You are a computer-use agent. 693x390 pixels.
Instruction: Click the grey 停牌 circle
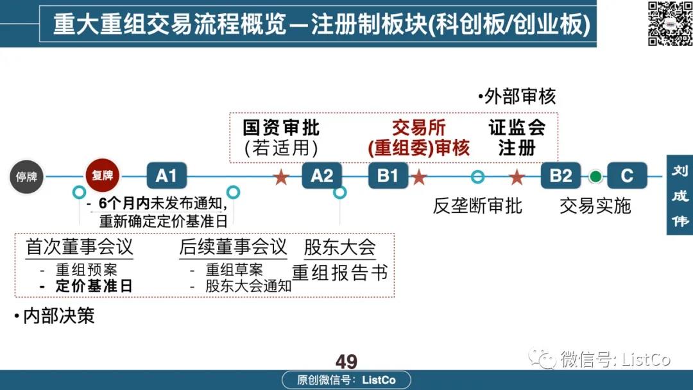pyautogui.click(x=26, y=176)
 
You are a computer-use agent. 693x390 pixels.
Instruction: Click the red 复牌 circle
pyautogui.click(x=102, y=175)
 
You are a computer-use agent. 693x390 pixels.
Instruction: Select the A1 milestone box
pyautogui.click(x=167, y=176)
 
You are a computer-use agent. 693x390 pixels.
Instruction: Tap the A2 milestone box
pyautogui.click(x=321, y=176)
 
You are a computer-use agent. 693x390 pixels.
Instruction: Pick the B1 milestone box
pyautogui.click(x=388, y=176)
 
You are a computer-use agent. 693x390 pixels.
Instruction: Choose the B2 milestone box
pyautogui.click(x=561, y=176)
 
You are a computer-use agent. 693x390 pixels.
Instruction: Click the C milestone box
pyautogui.click(x=627, y=176)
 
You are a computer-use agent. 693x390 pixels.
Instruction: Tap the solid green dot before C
pyautogui.click(x=595, y=176)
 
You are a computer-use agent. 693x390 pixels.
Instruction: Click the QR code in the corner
pyautogui.click(x=670, y=23)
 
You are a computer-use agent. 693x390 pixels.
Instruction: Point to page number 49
pyautogui.click(x=346, y=362)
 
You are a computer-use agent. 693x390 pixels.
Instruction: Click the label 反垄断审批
pyautogui.click(x=477, y=206)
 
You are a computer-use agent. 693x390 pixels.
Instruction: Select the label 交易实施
pyautogui.click(x=595, y=206)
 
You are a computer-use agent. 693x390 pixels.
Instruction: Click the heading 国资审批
pyautogui.click(x=281, y=128)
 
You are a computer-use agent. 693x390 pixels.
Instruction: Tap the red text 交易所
pyautogui.click(x=418, y=128)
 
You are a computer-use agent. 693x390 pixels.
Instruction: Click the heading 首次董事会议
pyautogui.click(x=80, y=247)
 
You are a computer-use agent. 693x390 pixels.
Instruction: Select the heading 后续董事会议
pyautogui.click(x=234, y=247)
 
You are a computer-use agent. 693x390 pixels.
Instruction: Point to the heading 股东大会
pyautogui.click(x=340, y=248)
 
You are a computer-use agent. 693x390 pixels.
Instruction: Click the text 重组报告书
pyautogui.click(x=340, y=273)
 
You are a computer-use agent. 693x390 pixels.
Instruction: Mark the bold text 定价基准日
pyautogui.click(x=94, y=285)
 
